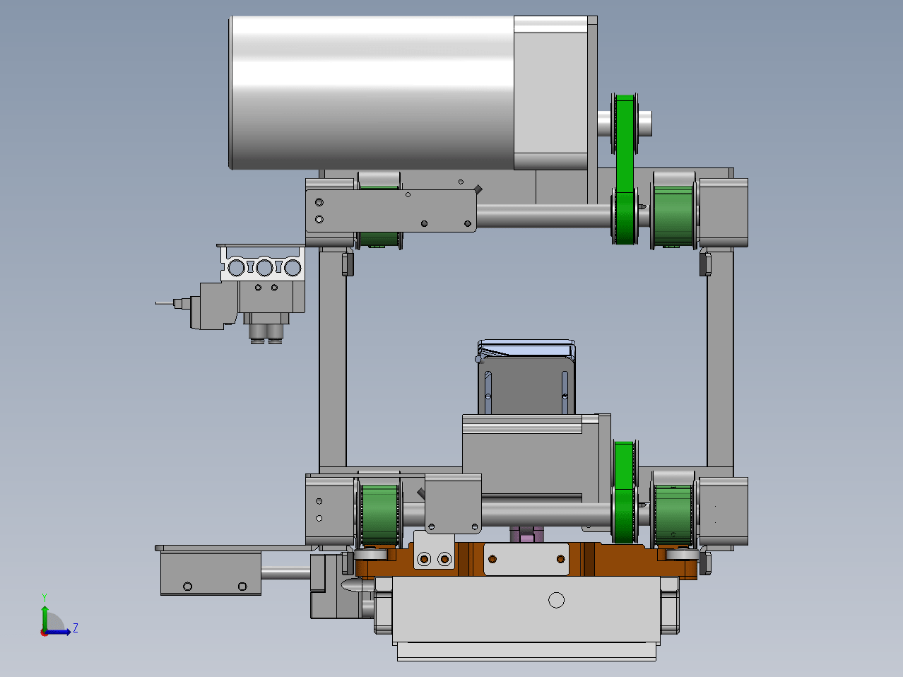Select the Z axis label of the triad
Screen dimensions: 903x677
click(76, 628)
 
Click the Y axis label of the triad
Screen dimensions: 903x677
click(45, 598)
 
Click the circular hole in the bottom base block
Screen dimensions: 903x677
click(556, 600)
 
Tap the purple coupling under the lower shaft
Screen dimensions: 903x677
click(527, 535)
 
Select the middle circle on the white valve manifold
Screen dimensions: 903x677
click(264, 268)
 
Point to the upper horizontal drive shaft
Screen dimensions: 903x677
click(544, 216)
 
